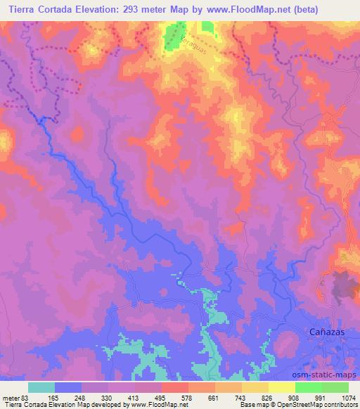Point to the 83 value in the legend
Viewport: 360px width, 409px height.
(25, 397)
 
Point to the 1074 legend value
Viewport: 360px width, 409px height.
(350, 397)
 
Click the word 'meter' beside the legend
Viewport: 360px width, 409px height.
(11, 397)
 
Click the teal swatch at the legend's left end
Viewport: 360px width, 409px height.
(41, 387)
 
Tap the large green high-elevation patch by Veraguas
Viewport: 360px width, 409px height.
(172, 37)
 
